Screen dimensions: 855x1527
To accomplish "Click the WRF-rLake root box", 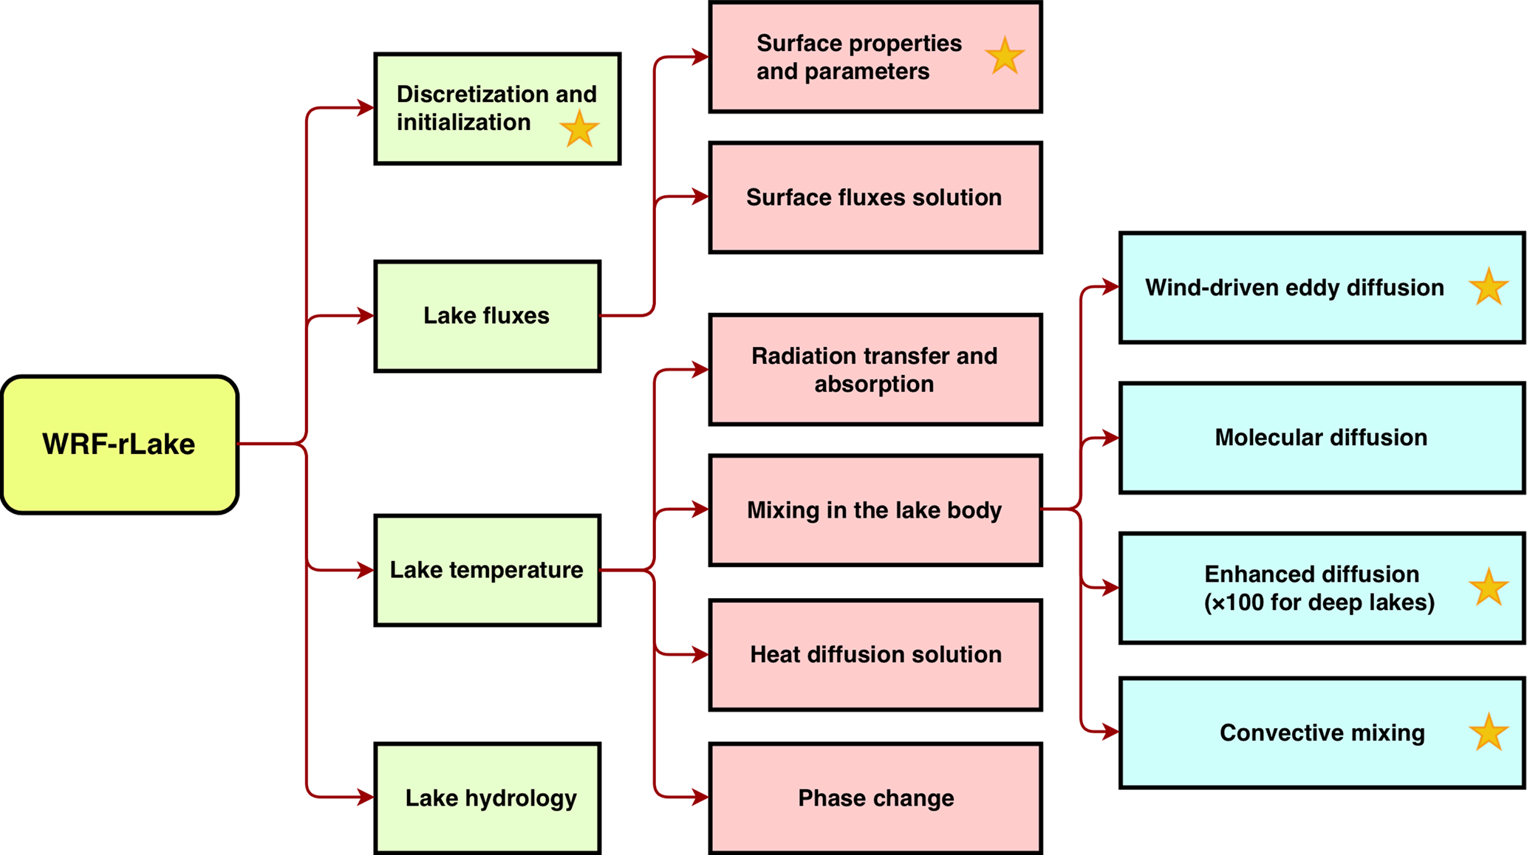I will [120, 444].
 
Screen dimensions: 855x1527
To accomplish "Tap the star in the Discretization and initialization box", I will [579, 129].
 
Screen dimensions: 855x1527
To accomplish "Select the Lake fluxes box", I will [487, 316].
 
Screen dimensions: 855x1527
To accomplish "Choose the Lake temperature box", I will [487, 570].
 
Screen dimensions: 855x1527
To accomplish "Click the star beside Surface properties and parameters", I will [1005, 56].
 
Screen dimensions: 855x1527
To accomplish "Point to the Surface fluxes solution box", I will [875, 197].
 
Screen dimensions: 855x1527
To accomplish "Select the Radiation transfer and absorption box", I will [875, 370].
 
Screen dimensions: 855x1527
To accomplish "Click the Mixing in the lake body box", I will [875, 510].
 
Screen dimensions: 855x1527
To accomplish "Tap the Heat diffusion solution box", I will [875, 655].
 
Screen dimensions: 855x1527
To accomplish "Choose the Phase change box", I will [875, 798].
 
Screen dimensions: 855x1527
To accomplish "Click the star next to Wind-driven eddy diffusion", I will [1488, 287].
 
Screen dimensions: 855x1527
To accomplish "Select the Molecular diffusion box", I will [1321, 438].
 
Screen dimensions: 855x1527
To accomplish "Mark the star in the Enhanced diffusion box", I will [1488, 588].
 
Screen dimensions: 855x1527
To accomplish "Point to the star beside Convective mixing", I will [1488, 732].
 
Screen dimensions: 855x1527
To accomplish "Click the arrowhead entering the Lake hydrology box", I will [365, 797].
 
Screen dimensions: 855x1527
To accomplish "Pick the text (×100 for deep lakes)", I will [1319, 602].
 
